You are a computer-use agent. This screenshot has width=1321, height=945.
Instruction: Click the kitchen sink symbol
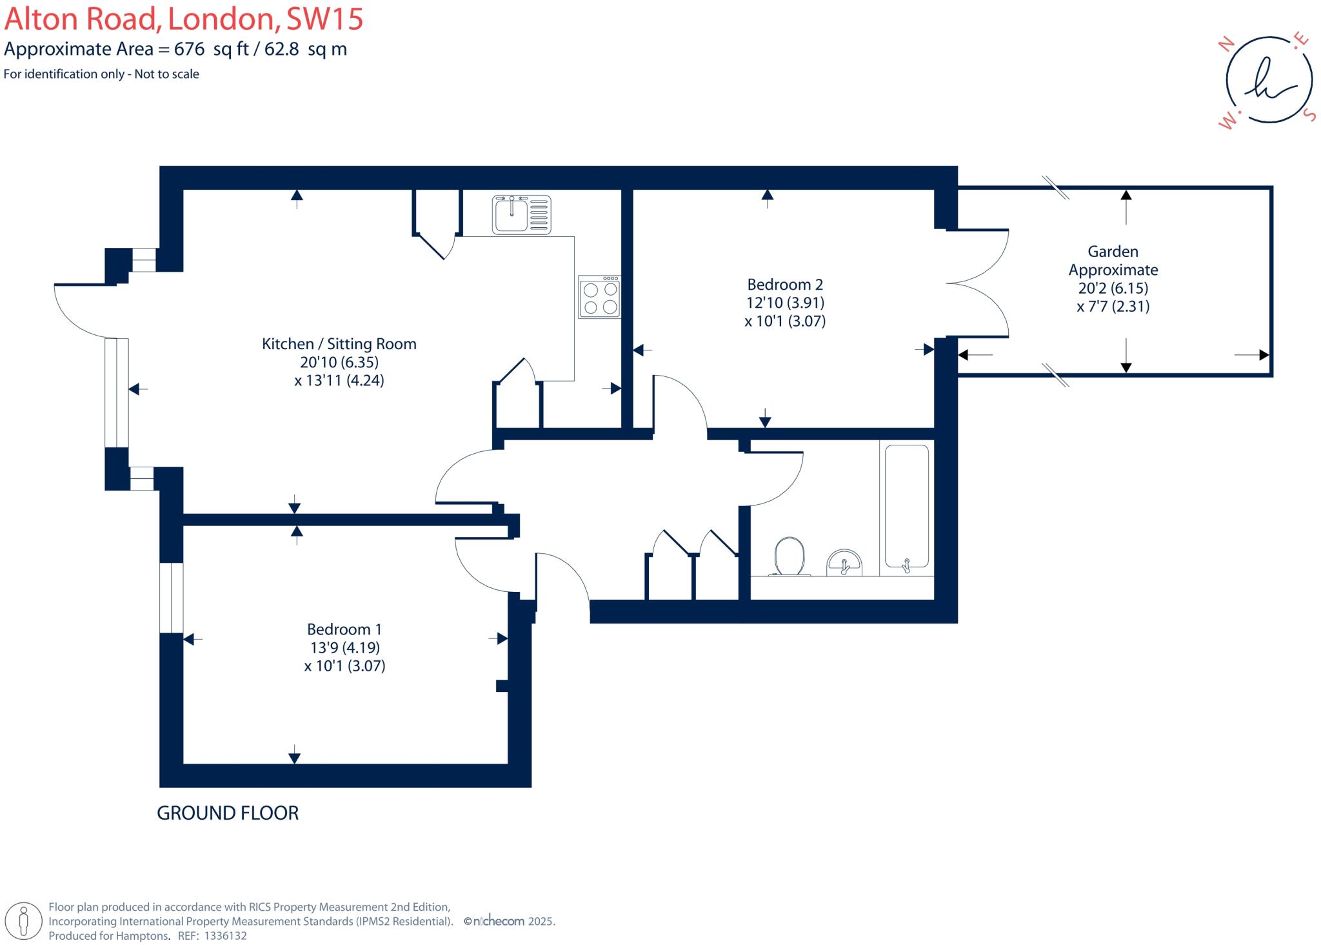(521, 215)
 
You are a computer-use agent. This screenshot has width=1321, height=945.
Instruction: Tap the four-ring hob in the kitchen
(599, 298)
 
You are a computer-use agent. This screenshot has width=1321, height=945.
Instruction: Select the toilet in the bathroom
(790, 556)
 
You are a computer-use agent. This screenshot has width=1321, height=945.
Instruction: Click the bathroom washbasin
(844, 562)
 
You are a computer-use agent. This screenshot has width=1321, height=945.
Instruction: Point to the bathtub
(907, 507)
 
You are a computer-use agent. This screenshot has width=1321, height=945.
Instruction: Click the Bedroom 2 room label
(785, 285)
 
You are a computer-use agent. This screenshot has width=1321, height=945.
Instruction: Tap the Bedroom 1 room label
(344, 629)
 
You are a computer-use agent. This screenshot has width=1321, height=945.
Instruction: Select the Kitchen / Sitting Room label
(339, 344)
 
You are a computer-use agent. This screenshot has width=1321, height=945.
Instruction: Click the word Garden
(1113, 252)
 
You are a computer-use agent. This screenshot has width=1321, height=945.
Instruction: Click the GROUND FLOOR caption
(228, 813)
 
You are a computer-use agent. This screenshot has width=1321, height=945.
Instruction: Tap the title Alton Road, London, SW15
(184, 19)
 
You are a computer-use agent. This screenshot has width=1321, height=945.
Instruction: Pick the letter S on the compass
(1309, 114)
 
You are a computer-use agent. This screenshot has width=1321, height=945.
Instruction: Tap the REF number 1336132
(225, 935)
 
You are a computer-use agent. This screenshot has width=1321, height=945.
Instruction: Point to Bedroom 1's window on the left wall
(172, 598)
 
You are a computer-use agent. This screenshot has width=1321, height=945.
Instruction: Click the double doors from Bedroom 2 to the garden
(977, 283)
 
